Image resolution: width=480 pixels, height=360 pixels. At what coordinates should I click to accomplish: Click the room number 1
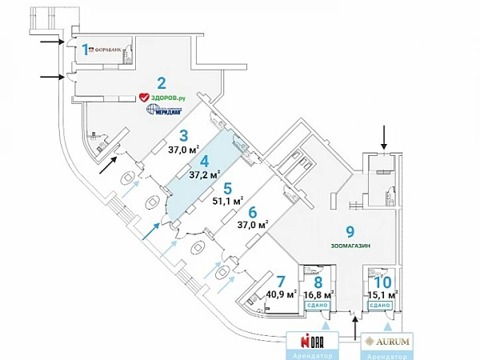(x=86, y=50)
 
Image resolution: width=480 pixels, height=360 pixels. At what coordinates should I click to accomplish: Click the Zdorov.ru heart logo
(x=145, y=98)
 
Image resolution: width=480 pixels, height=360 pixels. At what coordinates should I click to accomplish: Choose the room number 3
(x=183, y=135)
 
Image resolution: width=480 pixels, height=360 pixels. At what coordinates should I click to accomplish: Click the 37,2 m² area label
(x=205, y=174)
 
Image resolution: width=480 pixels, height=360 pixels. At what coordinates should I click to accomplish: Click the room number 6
(x=252, y=213)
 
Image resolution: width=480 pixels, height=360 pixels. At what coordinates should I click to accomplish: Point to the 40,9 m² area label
(x=281, y=293)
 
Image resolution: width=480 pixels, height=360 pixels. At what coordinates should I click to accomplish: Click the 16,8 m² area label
(x=318, y=294)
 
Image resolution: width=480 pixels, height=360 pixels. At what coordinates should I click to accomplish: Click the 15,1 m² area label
(x=382, y=294)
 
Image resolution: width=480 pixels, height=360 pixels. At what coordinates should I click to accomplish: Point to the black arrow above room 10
(x=383, y=136)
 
